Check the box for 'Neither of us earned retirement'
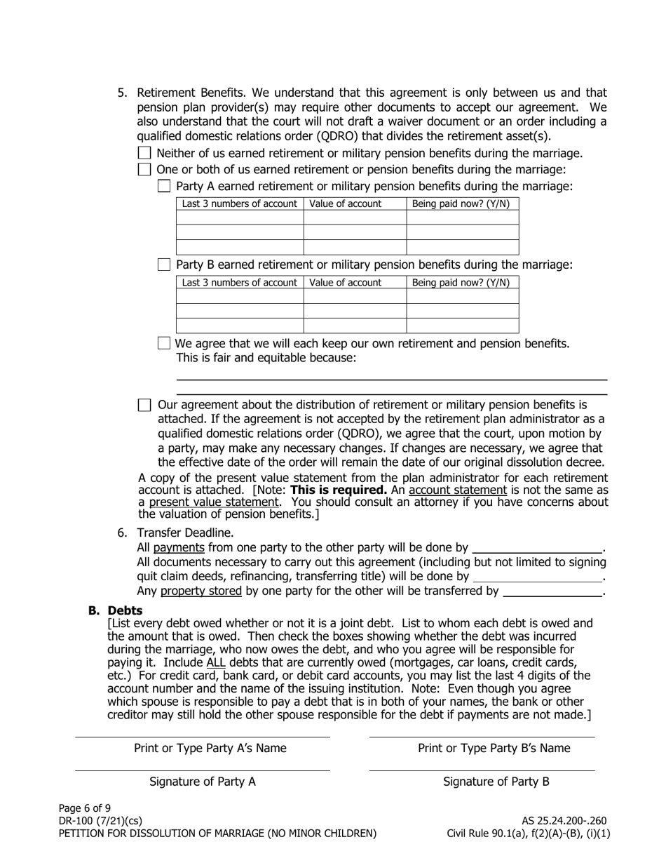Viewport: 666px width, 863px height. pos(144,153)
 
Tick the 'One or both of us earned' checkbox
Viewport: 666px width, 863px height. pos(144,169)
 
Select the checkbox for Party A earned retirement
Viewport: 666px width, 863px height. pos(164,186)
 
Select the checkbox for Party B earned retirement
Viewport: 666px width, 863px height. pos(164,265)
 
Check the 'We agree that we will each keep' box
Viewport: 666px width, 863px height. pos(164,343)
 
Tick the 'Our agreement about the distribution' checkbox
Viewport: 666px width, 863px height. pos(144,405)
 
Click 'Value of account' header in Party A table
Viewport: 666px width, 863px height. pos(346,204)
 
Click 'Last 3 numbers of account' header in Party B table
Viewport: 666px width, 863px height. pos(239,283)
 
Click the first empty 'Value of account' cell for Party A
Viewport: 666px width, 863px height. pos(355,218)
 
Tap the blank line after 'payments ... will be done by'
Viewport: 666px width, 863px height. pos(538,549)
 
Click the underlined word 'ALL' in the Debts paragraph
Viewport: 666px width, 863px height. pos(216,663)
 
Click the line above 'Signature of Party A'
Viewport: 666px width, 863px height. pos(202,770)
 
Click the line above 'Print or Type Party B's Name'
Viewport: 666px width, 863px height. pos(482,737)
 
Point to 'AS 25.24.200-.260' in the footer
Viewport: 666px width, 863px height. pos(564,821)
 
